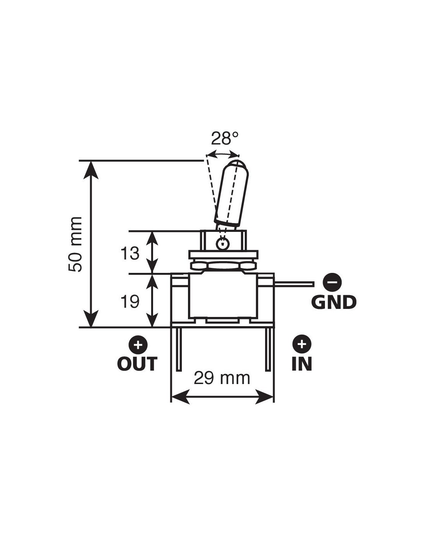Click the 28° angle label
pyautogui.click(x=224, y=138)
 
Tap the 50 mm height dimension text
pyautogui.click(x=75, y=244)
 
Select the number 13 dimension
pyautogui.click(x=130, y=253)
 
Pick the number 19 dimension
pyautogui.click(x=130, y=302)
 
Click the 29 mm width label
pyautogui.click(x=222, y=378)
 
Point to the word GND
pyautogui.click(x=333, y=302)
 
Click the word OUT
pyautogui.click(x=137, y=363)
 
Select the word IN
pyautogui.click(x=302, y=363)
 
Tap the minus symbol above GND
pyautogui.click(x=332, y=282)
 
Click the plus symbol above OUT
pyautogui.click(x=138, y=345)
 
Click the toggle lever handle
pyautogui.click(x=232, y=194)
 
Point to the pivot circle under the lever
pyautogui.click(x=222, y=243)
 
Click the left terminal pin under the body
pyautogui.click(x=178, y=349)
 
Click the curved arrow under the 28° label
pyautogui.click(x=223, y=153)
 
